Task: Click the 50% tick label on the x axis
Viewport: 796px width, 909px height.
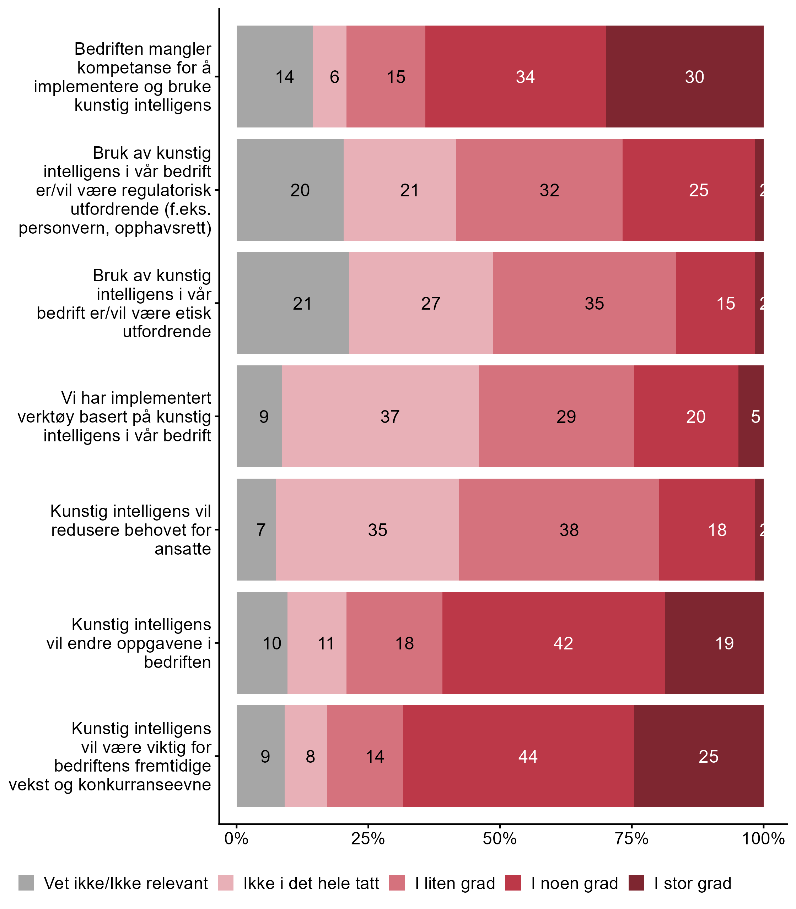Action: pyautogui.click(x=500, y=839)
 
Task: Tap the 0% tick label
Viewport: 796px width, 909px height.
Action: pyautogui.click(x=236, y=839)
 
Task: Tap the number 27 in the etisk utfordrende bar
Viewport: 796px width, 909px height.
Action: pyautogui.click(x=430, y=304)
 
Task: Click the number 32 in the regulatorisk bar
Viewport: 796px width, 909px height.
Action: pyautogui.click(x=549, y=190)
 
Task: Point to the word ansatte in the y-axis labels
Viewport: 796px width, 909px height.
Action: pyautogui.click(x=183, y=549)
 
